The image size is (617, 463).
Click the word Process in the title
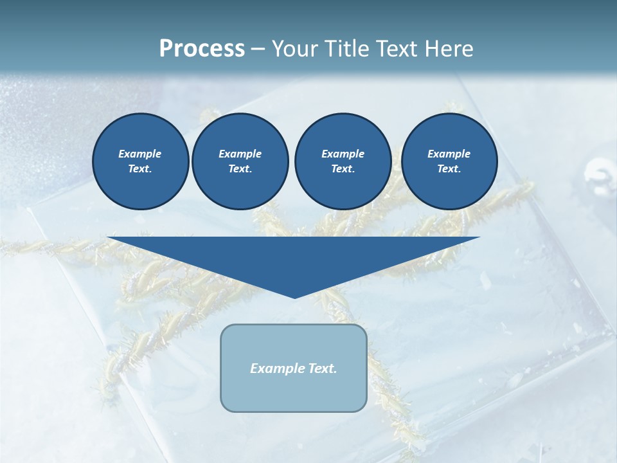click(202, 49)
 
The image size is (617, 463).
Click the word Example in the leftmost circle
click(140, 154)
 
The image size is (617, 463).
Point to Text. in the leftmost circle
click(140, 169)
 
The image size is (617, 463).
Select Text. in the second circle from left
click(240, 169)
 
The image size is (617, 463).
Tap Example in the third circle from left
click(343, 154)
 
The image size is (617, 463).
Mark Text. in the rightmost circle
click(449, 169)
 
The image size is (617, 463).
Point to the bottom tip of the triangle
click(294, 297)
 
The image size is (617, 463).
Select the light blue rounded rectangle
click(294, 392)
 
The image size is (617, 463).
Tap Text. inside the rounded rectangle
click(321, 368)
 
